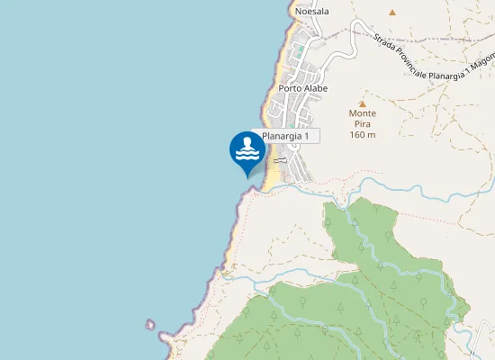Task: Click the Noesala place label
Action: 311,11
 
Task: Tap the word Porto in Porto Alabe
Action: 290,88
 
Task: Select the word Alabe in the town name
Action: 316,88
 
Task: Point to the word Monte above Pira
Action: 363,113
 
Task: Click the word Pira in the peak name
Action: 363,124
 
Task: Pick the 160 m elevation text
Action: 363,135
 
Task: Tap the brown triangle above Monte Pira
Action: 363,103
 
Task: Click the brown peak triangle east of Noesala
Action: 391,13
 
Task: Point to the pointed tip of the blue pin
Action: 247,176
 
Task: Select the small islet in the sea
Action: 149,324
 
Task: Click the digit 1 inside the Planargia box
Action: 306,136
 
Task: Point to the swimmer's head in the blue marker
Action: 247,142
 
